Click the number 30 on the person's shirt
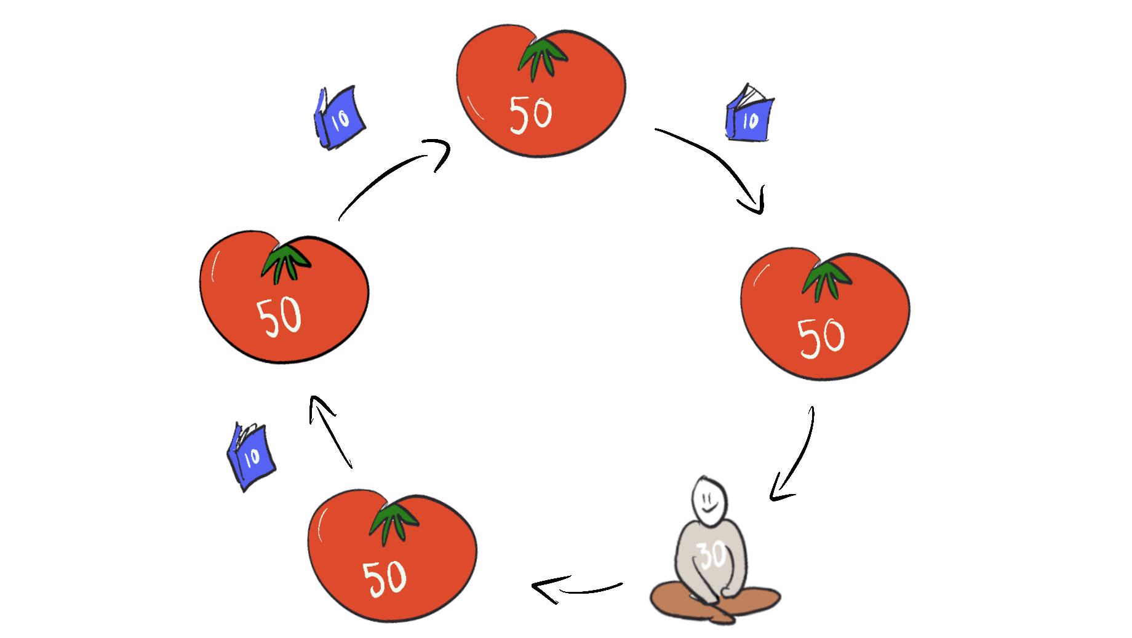[x=713, y=556]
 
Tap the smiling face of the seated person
[x=709, y=500]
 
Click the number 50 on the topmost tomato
[x=530, y=115]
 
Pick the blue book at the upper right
[x=749, y=114]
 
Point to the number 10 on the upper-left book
[x=340, y=119]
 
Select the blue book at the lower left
[x=251, y=456]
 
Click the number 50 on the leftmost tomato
[x=279, y=316]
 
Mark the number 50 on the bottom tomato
[x=385, y=578]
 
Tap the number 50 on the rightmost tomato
[x=821, y=338]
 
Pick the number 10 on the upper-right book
[x=751, y=121]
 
